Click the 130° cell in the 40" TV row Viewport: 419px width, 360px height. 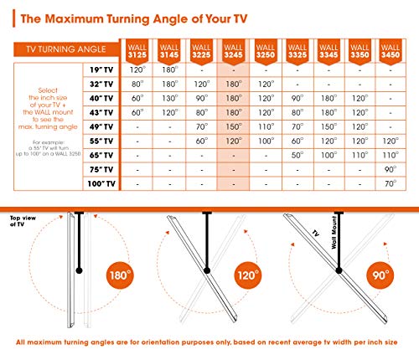point(170,99)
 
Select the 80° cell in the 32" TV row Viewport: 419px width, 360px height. point(138,85)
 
